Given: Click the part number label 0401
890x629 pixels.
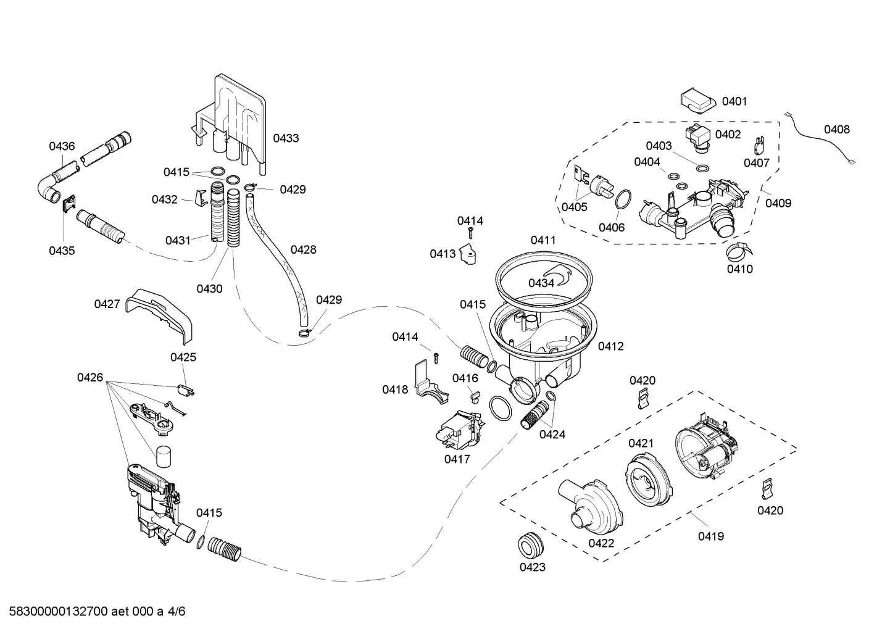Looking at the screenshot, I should point(734,101).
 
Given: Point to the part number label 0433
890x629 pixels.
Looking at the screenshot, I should point(286,138).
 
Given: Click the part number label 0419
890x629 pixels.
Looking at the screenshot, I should point(711,536).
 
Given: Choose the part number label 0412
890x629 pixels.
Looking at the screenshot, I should point(610,346).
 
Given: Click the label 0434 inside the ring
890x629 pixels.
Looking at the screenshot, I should point(541,283).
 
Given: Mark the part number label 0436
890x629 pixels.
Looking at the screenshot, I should point(62,146).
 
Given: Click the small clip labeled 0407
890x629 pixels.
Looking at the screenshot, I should point(759,146).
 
